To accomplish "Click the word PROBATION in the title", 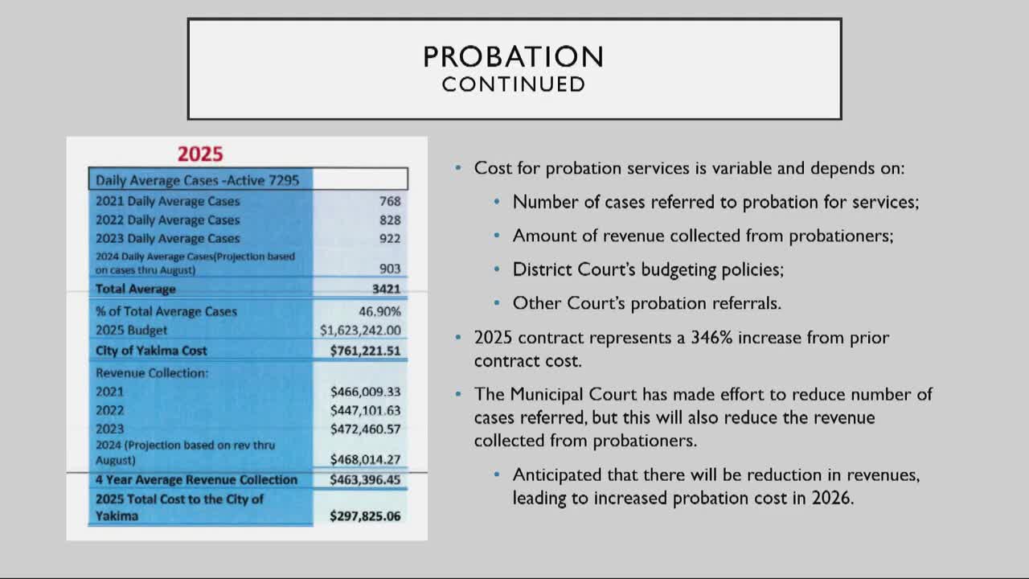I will [513, 57].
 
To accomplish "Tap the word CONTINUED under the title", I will [513, 84].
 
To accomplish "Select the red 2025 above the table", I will [200, 154].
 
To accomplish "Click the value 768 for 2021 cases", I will [390, 201].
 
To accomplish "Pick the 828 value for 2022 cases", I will [390, 220].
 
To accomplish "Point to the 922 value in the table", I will [390, 238].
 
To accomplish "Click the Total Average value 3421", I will [386, 289].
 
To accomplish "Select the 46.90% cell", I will [379, 311].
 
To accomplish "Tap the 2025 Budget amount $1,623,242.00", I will [360, 330].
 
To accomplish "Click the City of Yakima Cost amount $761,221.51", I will [365, 351].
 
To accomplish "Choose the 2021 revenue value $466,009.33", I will [365, 392].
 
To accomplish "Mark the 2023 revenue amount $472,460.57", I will [365, 429].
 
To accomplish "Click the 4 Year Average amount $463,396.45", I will [365, 480].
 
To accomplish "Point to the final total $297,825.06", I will [365, 516].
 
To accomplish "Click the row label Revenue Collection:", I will [152, 373].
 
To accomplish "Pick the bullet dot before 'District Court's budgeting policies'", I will [497, 269].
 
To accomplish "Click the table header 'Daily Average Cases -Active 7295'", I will [197, 180].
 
